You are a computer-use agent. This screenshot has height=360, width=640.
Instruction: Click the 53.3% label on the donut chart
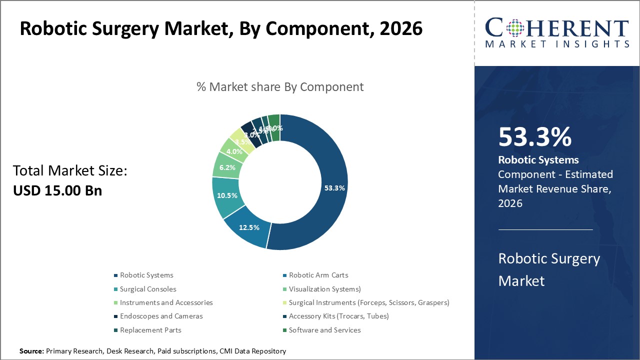[334, 188]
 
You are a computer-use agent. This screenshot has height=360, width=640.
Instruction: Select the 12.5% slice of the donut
[249, 227]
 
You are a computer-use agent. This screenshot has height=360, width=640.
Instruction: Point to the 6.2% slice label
[227, 167]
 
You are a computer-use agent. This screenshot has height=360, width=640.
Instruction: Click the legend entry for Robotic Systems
[146, 275]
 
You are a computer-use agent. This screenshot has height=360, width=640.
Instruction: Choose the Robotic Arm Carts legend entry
[318, 275]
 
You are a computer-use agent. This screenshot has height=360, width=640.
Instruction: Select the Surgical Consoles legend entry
[147, 289]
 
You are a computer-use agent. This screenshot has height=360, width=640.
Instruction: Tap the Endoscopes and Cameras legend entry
[161, 316]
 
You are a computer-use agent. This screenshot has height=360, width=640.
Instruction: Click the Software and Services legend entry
[324, 330]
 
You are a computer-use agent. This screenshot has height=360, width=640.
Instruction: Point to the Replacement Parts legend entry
[150, 330]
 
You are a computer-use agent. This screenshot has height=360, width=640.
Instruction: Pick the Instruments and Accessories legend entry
[166, 302]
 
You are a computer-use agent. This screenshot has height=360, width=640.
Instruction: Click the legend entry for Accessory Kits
[338, 316]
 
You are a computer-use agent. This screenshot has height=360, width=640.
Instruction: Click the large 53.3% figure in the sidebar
[534, 137]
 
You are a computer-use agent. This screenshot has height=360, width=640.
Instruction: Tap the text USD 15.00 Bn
[57, 190]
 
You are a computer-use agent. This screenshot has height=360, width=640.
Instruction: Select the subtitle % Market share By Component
[280, 86]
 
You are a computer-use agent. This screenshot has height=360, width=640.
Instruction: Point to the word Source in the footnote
[31, 351]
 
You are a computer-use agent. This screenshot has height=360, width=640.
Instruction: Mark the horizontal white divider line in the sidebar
[545, 229]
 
